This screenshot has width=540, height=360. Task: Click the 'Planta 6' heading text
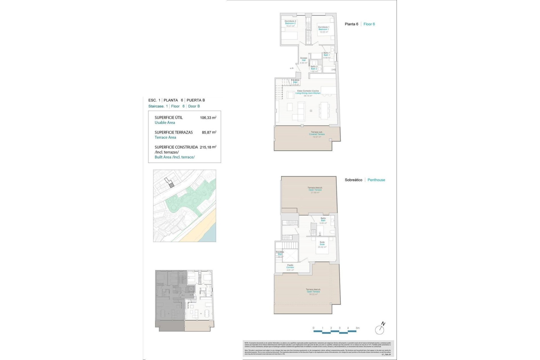pos(351,24)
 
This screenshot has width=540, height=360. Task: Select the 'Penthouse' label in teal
pos(376,180)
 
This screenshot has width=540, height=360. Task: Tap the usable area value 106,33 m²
pos(208,118)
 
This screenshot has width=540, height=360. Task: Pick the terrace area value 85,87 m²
pos(209,132)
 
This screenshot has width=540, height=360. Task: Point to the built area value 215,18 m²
pos(208,147)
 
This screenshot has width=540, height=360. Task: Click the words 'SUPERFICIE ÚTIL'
pos(168,118)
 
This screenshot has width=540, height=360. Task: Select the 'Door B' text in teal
pos(194,106)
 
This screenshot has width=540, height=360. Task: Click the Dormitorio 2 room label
pos(290,21)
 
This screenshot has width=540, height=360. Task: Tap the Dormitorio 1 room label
pos(323,27)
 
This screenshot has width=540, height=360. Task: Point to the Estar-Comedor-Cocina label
pos(308,91)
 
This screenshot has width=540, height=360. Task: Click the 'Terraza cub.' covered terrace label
pos(317,132)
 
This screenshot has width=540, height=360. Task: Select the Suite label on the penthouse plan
pos(322,242)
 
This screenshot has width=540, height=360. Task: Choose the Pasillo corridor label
pos(290,265)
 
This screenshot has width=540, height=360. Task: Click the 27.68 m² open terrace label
pos(315,193)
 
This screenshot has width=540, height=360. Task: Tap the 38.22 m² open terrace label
pos(313,294)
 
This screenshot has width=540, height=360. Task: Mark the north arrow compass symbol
pos(380,329)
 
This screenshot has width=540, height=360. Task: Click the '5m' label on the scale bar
pos(357,328)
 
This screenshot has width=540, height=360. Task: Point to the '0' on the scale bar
pos(314,328)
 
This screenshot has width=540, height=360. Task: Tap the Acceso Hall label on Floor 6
pos(303,58)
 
